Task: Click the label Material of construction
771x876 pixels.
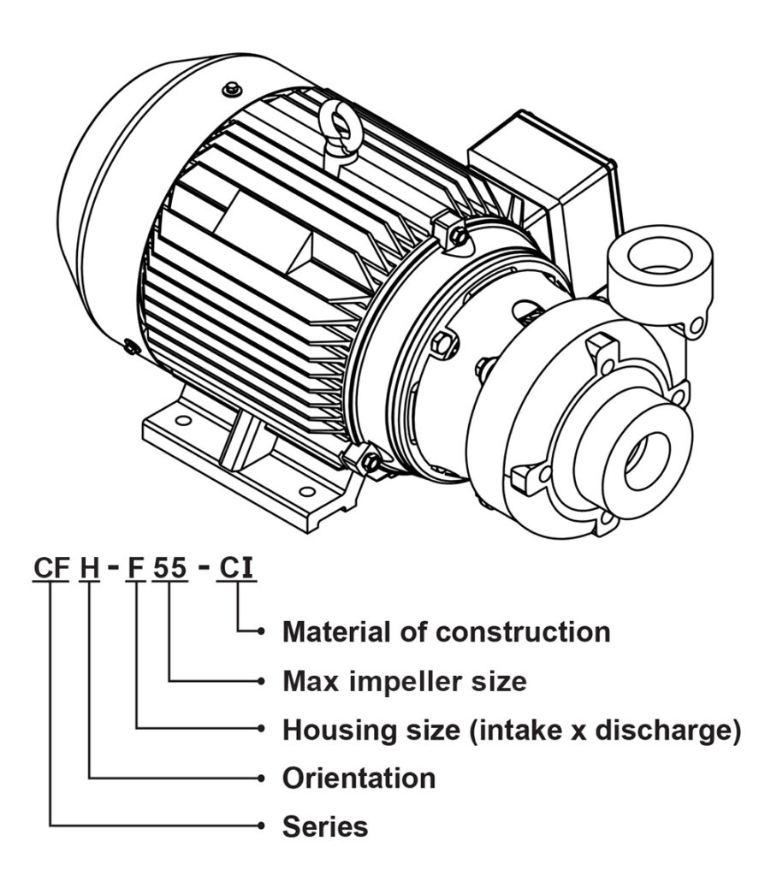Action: click(446, 632)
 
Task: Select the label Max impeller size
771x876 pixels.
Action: click(404, 682)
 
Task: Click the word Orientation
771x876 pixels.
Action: click(359, 778)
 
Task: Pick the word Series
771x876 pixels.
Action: click(325, 827)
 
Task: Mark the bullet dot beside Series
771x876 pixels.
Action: click(261, 826)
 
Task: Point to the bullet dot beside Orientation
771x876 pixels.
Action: click(261, 778)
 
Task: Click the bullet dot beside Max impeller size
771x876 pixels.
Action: click(261, 682)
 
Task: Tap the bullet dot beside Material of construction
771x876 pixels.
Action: click(261, 633)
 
